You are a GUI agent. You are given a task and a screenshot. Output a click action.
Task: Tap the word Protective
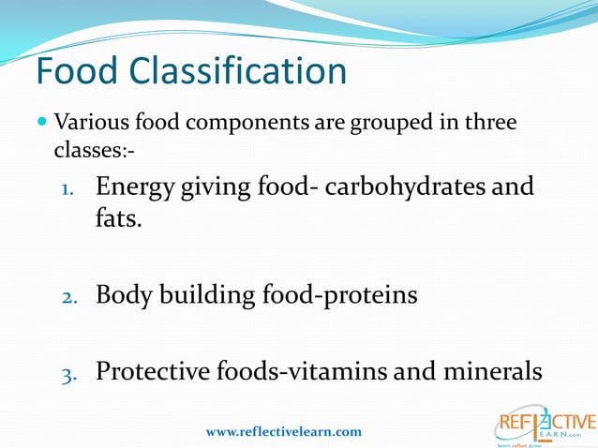click(x=160, y=372)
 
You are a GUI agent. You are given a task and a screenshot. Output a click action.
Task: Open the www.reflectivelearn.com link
click(x=283, y=431)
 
